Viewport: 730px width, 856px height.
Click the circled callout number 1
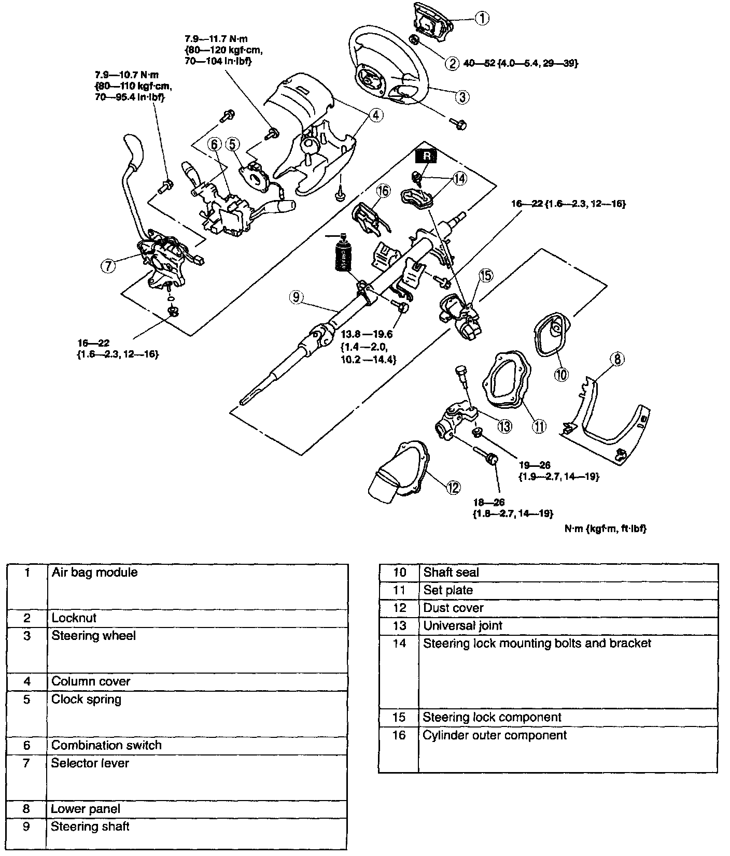pos(482,19)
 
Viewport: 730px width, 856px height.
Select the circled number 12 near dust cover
pos(453,487)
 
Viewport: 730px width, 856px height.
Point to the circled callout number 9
pos(296,297)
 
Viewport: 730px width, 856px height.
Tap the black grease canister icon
pos(343,255)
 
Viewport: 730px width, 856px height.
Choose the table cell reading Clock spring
pos(86,700)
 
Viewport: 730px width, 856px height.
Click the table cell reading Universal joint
pos(462,625)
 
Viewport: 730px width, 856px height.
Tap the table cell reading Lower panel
pos(86,809)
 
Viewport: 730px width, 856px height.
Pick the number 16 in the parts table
pos(399,735)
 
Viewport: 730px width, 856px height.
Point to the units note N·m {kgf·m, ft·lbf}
pos(606,529)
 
